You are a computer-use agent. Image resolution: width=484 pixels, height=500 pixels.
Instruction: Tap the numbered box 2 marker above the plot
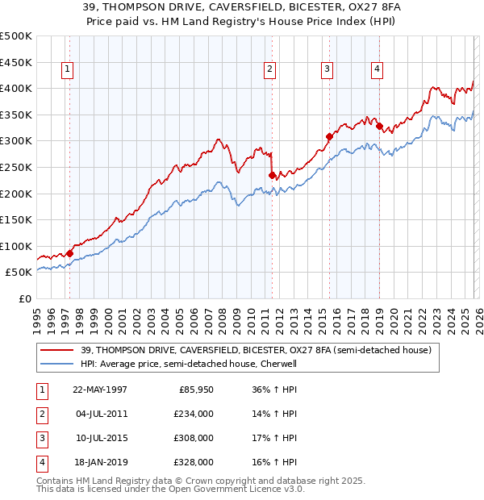(269, 70)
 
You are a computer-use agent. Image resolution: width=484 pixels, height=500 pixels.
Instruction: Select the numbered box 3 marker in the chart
(327, 70)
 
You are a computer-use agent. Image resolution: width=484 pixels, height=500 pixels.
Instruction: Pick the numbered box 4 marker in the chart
(377, 70)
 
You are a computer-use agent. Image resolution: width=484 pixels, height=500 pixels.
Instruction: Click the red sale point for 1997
(70, 253)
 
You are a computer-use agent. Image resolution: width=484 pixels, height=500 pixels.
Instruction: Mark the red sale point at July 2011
(272, 175)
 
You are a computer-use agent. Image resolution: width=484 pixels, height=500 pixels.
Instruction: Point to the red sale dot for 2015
(329, 136)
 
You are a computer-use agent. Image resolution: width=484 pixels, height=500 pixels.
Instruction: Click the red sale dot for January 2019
(379, 126)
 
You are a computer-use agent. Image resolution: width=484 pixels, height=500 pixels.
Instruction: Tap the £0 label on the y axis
(24, 298)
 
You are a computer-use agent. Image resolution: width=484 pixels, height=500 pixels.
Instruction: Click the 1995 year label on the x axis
(37, 319)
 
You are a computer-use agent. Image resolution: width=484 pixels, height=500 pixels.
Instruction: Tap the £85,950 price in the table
(196, 390)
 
